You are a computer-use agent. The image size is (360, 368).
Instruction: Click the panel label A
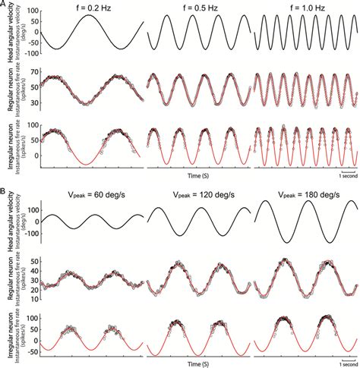coord(5,5)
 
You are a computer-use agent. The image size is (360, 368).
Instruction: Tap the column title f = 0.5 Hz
coord(198,7)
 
